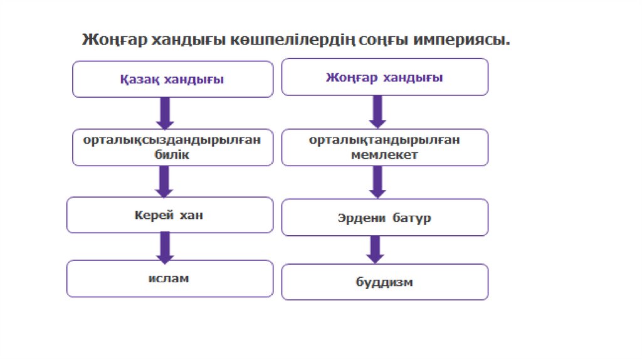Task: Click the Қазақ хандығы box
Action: pos(172,79)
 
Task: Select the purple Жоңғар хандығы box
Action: pos(384,77)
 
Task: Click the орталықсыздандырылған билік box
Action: pos(172,147)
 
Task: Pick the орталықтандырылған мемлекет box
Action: pos(384,147)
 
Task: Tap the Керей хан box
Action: pos(170,215)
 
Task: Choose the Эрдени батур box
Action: pos(384,218)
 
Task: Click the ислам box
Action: pos(170,278)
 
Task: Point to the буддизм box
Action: pos(384,282)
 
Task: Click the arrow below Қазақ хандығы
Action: pos(166,113)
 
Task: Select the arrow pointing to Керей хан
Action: pos(166,181)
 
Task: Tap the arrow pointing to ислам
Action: pos(166,246)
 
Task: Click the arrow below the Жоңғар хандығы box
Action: pos(377,112)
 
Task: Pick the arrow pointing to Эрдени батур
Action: pos(377,182)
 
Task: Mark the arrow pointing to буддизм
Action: pos(375,249)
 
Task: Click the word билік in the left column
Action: pos(172,154)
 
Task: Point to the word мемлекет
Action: pos(384,154)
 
